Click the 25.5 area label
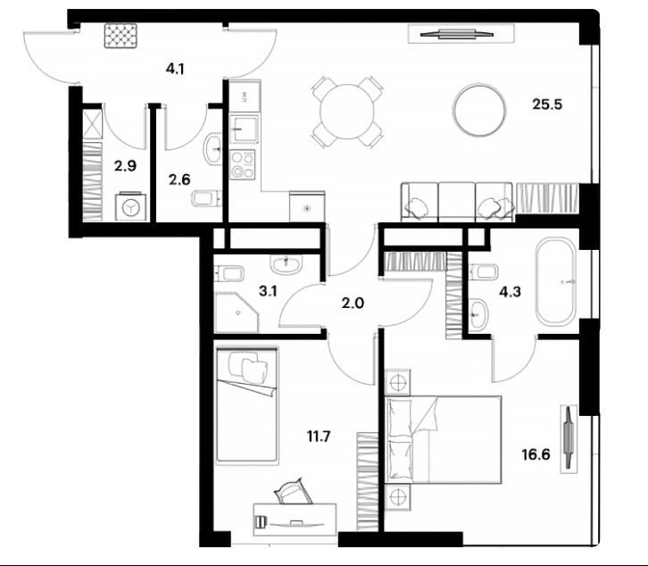pyautogui.click(x=547, y=104)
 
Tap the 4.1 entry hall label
pyautogui.click(x=175, y=69)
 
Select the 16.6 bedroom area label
pyautogui.click(x=536, y=454)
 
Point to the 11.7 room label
pyautogui.click(x=319, y=437)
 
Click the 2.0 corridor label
pyautogui.click(x=353, y=304)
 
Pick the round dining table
pyautogui.click(x=347, y=112)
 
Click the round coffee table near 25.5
pyautogui.click(x=479, y=110)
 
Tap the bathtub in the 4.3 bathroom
pyautogui.click(x=556, y=282)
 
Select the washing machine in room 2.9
pyautogui.click(x=131, y=206)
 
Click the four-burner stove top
pyautogui.click(x=243, y=165)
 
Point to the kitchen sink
pyautogui.click(x=244, y=129)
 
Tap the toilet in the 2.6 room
pyautogui.click(x=207, y=198)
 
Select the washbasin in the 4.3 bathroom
pyautogui.click(x=479, y=313)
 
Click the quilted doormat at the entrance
pyautogui.click(x=120, y=36)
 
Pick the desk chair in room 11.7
pyautogui.click(x=294, y=491)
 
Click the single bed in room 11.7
pyautogui.click(x=246, y=405)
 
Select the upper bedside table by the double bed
pyautogui.click(x=397, y=382)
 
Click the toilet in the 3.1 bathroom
pyautogui.click(x=229, y=273)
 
